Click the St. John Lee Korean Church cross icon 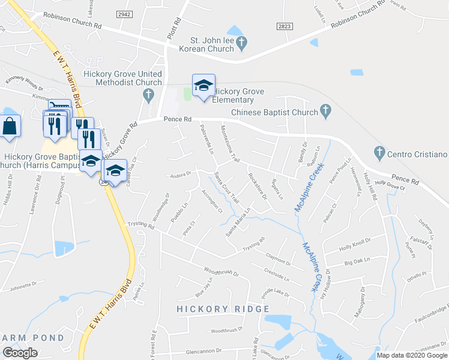click(x=241, y=43)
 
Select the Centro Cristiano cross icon click(x=379, y=153)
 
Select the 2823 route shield click(x=285, y=27)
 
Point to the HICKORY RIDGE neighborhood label click(x=222, y=309)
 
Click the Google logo click(x=20, y=353)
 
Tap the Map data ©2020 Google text click(x=411, y=355)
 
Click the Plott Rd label click(x=176, y=28)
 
